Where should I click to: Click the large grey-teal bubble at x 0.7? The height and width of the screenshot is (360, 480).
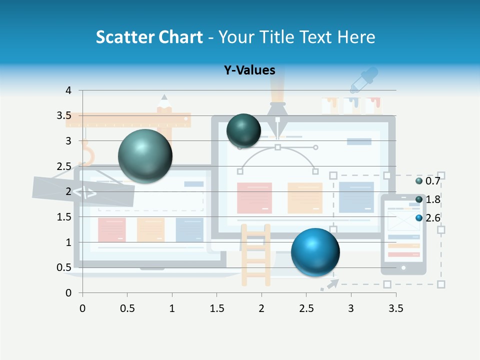coord(145,156)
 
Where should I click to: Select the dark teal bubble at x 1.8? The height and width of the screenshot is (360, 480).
coord(243,131)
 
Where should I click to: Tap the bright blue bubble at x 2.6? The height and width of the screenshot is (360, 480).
coord(315,252)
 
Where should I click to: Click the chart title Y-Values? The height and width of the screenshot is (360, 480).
coord(249,70)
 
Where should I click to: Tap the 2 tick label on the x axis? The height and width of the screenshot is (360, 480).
coord(261,308)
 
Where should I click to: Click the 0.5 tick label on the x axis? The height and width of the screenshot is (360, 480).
coord(127,308)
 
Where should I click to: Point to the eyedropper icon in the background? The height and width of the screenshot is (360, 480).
coord(363,80)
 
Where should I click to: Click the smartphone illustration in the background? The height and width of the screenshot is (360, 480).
coord(403,234)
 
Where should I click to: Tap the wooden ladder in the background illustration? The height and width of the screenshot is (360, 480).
coord(256,255)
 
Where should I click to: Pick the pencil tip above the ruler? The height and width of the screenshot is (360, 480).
coord(164,100)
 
